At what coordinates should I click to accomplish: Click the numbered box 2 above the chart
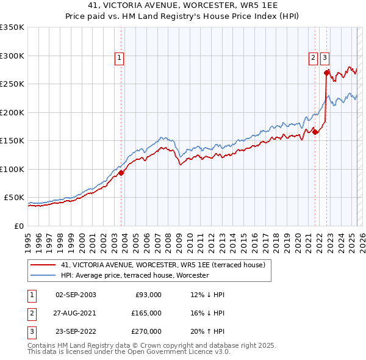click(x=312, y=58)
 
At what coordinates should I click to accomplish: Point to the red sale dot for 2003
click(x=121, y=173)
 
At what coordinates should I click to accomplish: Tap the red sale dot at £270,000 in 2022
click(x=326, y=73)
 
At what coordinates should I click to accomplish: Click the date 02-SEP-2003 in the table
click(x=76, y=295)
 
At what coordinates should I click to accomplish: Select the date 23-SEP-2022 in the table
click(x=76, y=331)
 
